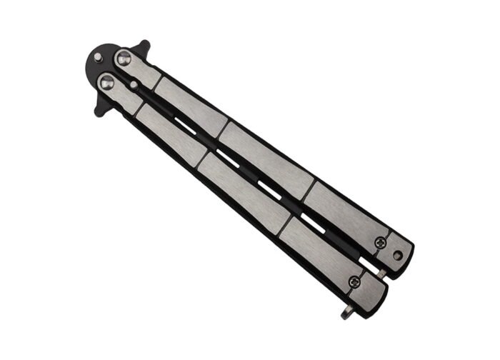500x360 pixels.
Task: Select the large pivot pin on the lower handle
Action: [x=106, y=84]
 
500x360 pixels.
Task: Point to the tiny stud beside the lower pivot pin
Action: [x=134, y=86]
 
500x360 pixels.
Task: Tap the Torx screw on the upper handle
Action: [x=379, y=244]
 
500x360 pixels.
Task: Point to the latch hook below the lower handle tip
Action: [x=347, y=312]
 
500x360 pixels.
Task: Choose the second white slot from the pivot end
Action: [x=228, y=158]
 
